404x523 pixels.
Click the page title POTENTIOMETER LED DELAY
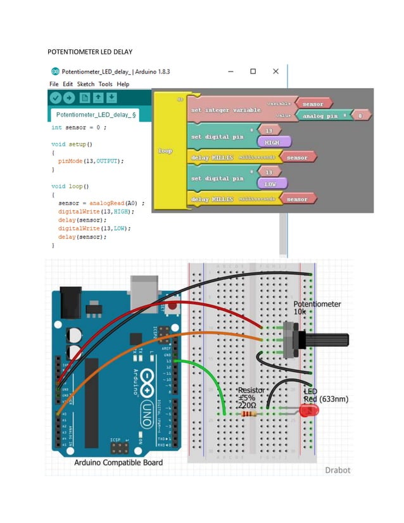(x=90, y=51)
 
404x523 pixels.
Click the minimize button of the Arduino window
(x=229, y=72)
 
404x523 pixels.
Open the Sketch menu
(x=85, y=84)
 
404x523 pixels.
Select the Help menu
(x=123, y=84)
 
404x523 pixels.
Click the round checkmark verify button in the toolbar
(x=56, y=98)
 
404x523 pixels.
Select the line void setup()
(x=72, y=144)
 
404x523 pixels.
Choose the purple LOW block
(x=272, y=183)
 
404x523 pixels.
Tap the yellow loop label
(x=165, y=151)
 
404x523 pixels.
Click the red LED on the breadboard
(x=309, y=411)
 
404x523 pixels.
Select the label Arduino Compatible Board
(x=118, y=462)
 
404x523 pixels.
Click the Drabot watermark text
(x=337, y=470)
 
